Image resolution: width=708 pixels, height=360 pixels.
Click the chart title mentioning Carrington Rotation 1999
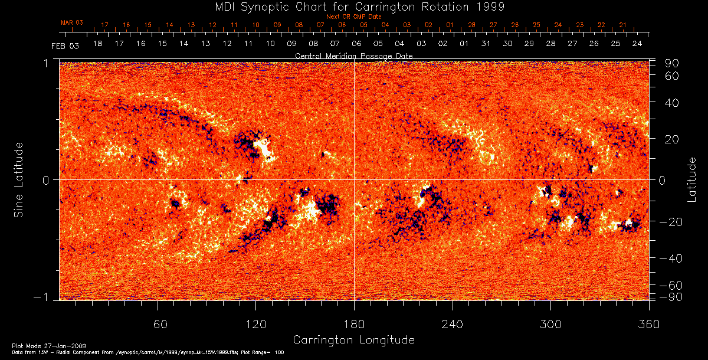354,6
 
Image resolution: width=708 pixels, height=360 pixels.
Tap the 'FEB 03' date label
65,45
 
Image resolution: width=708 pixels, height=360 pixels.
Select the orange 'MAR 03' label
72,22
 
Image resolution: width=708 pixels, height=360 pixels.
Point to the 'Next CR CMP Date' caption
354,17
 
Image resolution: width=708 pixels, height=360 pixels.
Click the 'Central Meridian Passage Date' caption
353,55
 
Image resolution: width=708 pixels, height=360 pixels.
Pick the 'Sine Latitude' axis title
19,179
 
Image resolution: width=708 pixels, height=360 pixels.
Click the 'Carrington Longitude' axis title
353,340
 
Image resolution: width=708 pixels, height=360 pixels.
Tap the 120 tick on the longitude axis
255,324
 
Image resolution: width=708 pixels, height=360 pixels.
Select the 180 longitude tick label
353,324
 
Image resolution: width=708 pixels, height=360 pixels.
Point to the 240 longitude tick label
452,324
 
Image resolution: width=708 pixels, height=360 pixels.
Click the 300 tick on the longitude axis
550,324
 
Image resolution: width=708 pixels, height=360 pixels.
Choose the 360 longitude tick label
648,324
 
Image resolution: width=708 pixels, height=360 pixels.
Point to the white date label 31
486,44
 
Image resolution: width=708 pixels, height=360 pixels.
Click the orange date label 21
622,25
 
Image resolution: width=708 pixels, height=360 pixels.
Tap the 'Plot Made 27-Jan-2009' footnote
40,345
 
